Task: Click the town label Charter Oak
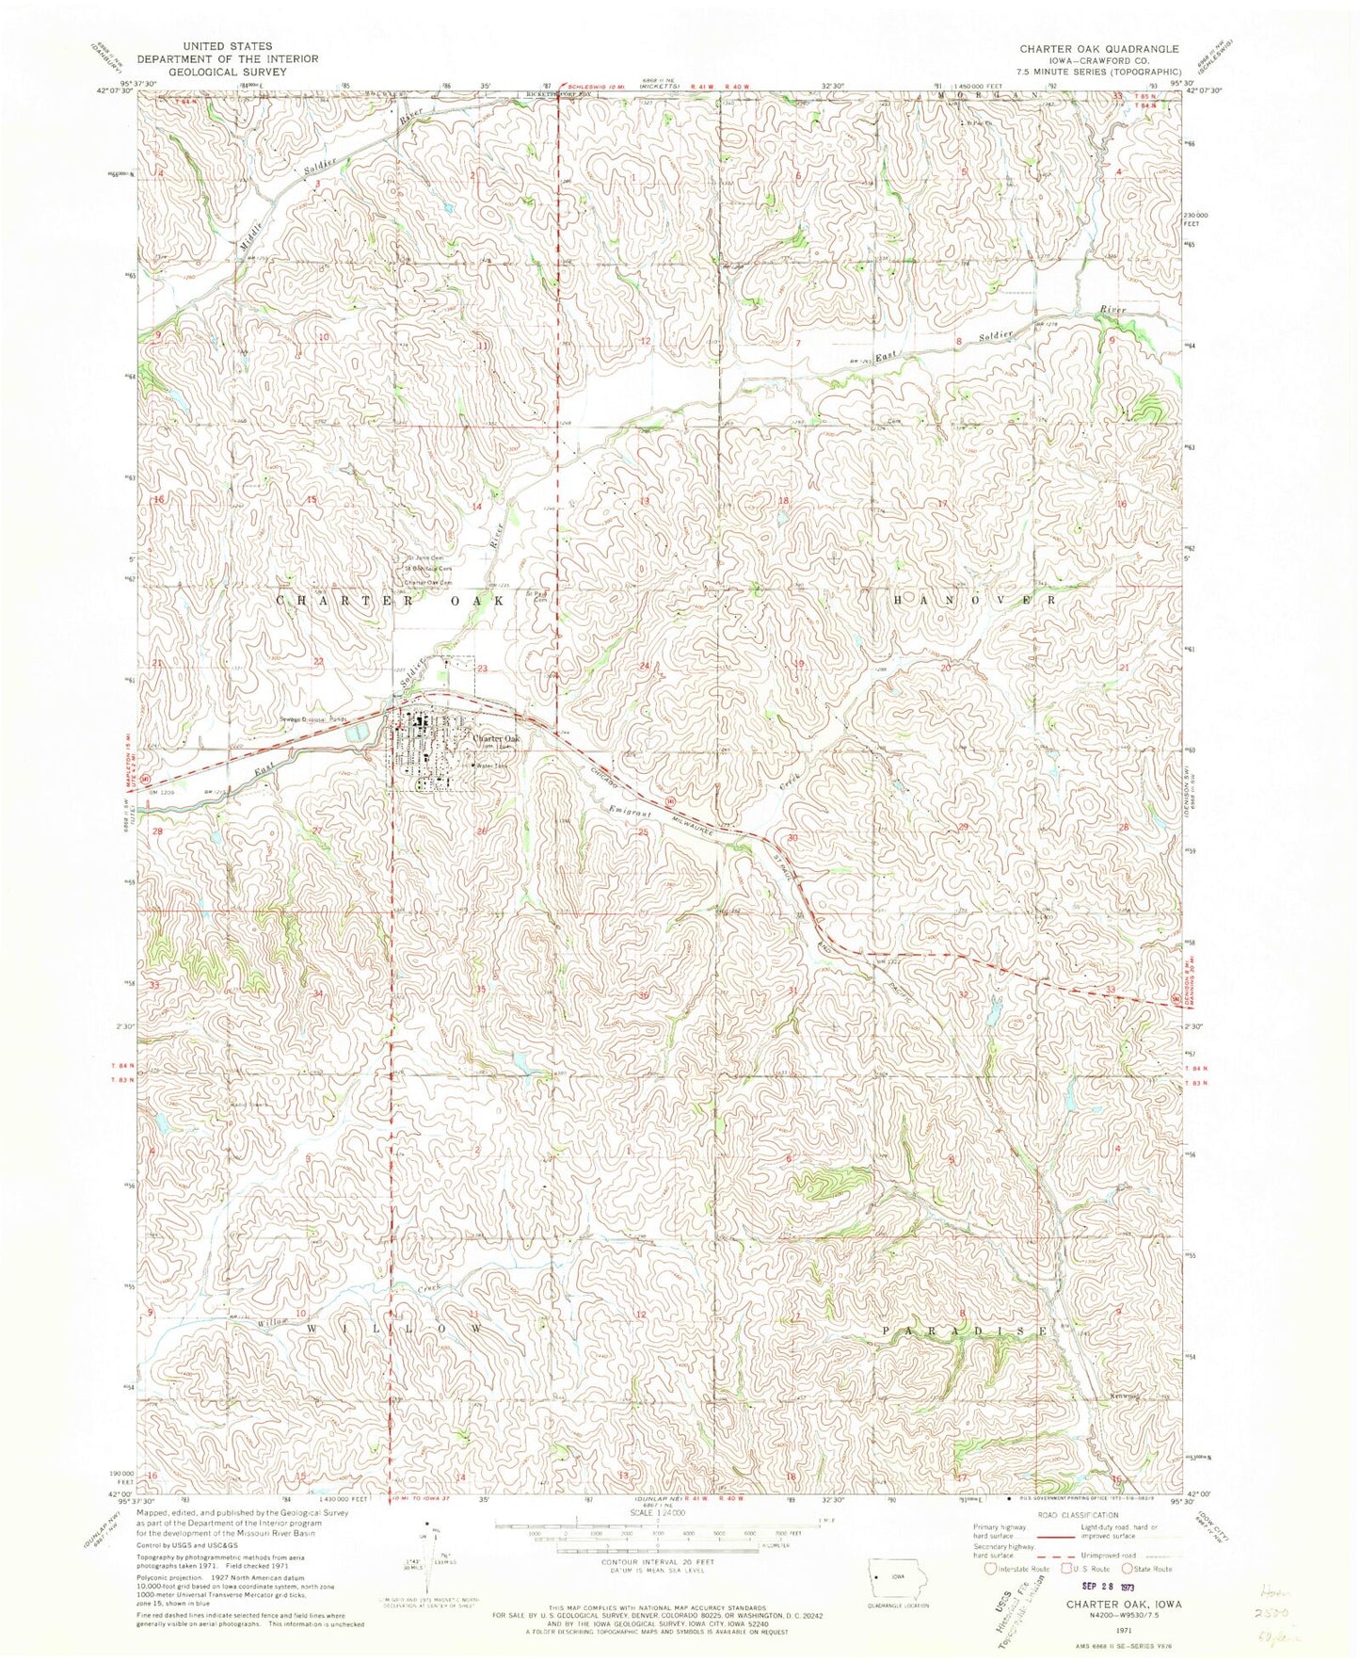pyautogui.click(x=496, y=739)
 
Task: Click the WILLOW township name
pyautogui.click(x=395, y=1328)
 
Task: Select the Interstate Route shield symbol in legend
pyautogui.click(x=990, y=1569)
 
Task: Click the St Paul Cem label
pyautogui.click(x=536, y=596)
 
